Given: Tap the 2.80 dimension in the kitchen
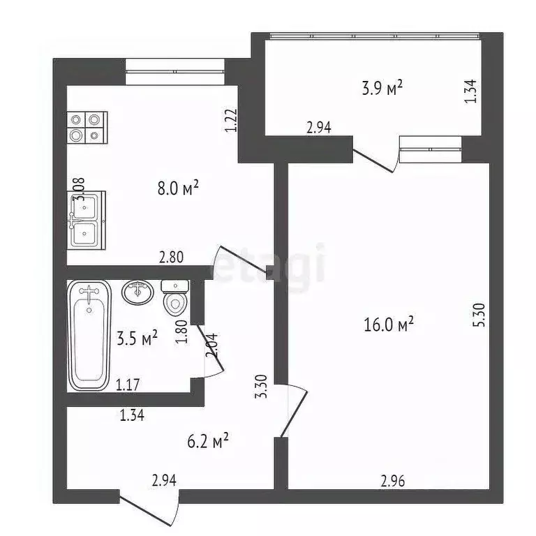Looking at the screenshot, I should (x=171, y=257).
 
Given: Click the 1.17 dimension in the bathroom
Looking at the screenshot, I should (x=128, y=383).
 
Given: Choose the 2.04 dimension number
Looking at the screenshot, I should (x=210, y=346).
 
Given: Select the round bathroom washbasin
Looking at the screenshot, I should (x=137, y=292).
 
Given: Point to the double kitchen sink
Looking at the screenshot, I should (x=87, y=219).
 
